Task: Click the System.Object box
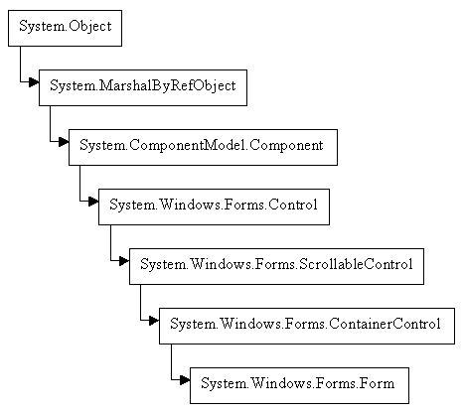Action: pyautogui.click(x=65, y=28)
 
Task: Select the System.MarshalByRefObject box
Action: pyautogui.click(x=143, y=86)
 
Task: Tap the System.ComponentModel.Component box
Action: pyautogui.click(x=203, y=146)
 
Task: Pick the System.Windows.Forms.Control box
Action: pyautogui.click(x=213, y=206)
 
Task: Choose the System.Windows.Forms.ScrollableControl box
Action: pyautogui.click(x=275, y=264)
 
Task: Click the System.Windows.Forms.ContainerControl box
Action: pyautogui.click(x=298, y=324)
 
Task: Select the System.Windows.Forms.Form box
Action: pyautogui.click(x=297, y=382)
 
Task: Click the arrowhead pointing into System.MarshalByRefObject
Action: pyautogui.click(x=33, y=86)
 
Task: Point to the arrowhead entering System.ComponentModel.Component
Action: pyautogui.click(x=63, y=146)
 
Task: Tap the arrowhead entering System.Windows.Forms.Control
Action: pyautogui.click(x=92, y=206)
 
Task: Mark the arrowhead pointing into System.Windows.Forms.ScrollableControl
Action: pyautogui.click(x=123, y=264)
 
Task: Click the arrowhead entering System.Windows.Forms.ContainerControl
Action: pyautogui.click(x=153, y=324)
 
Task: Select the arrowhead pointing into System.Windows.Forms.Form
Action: pyautogui.click(x=183, y=382)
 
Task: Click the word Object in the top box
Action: pyautogui.click(x=87, y=28)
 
